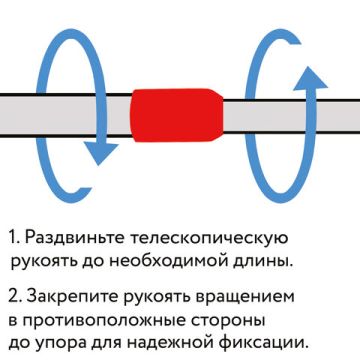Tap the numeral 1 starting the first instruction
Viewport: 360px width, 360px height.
point(13,239)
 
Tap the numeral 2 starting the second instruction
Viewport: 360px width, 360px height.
point(14,299)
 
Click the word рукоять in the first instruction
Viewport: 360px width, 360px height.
point(44,264)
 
